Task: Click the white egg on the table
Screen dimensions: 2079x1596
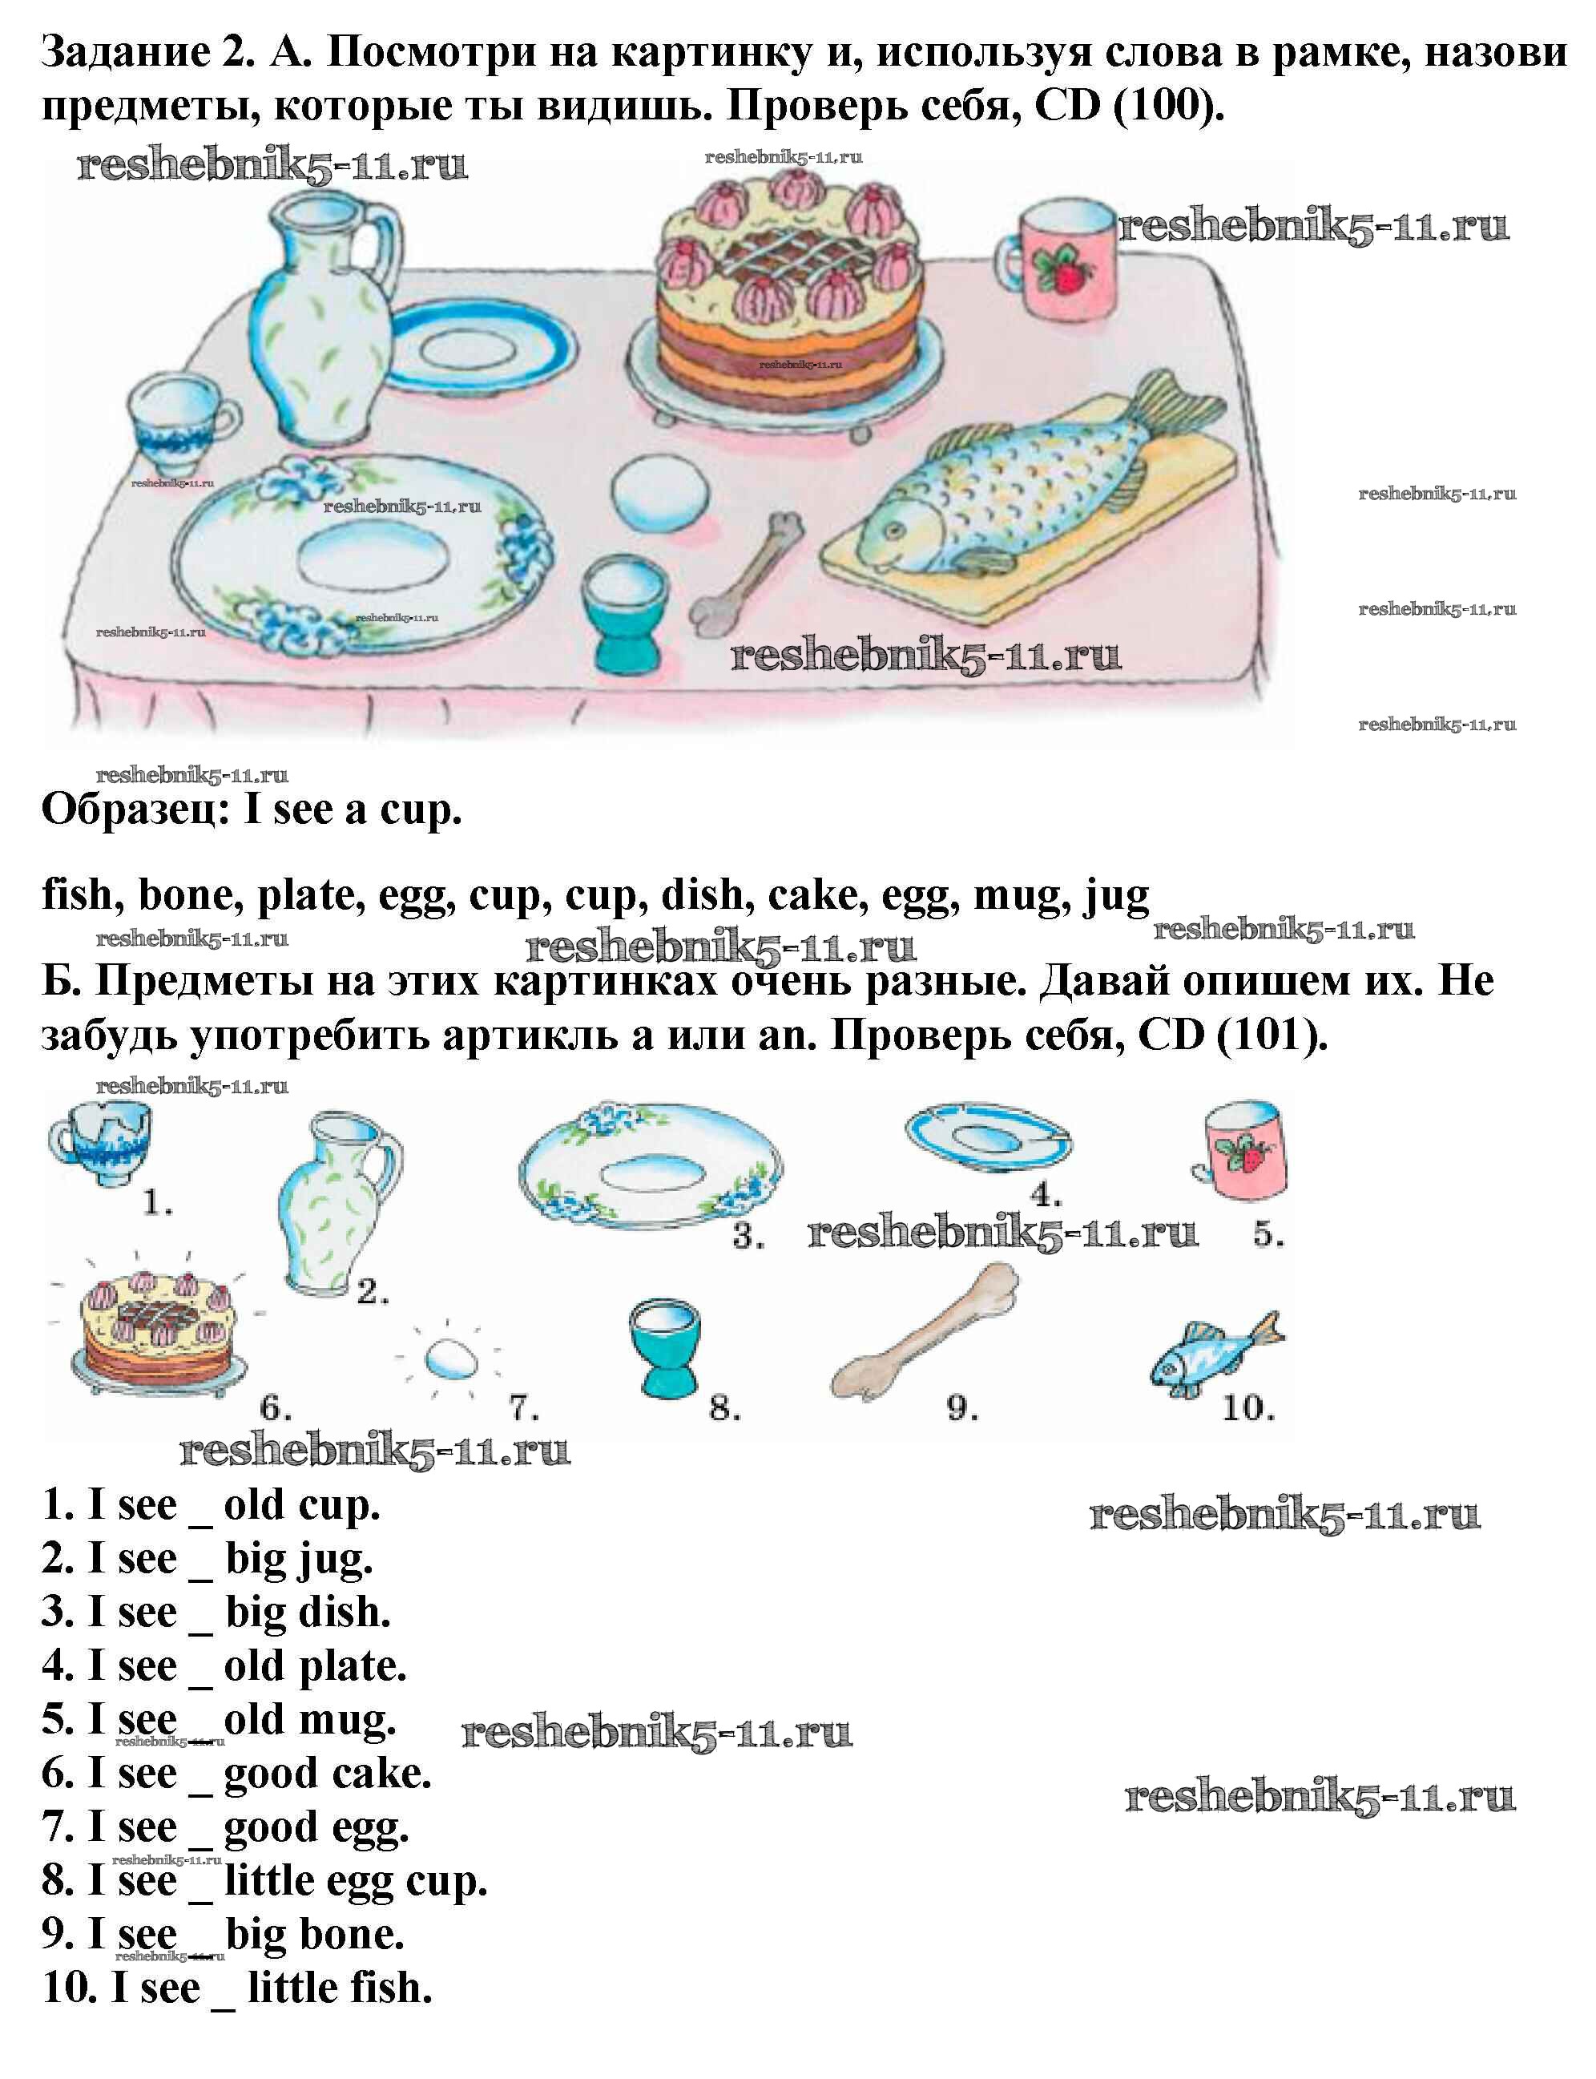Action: tap(660, 492)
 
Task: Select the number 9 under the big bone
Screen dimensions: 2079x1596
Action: tap(961, 1407)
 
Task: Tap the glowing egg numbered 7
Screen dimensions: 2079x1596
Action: tap(449, 1358)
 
